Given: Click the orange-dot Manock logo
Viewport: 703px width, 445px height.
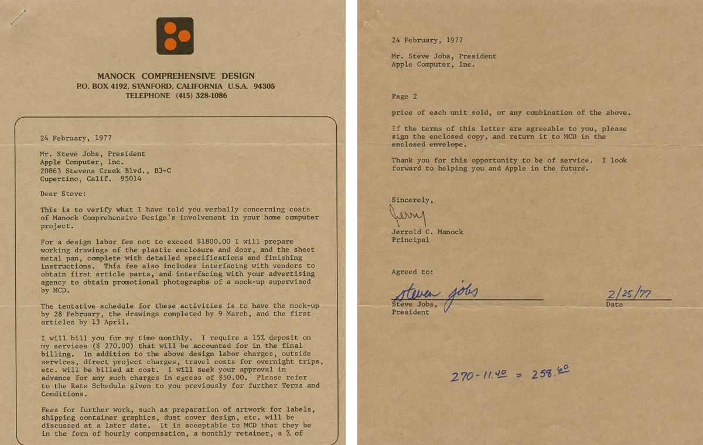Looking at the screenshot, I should [x=175, y=36].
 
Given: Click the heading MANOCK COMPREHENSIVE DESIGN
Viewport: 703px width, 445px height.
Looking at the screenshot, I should [x=176, y=76].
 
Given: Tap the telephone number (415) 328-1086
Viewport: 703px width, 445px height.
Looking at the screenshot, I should [x=201, y=95].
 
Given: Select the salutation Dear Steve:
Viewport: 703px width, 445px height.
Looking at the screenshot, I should [x=63, y=193].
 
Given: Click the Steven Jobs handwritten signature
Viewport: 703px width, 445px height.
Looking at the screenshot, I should [x=435, y=291].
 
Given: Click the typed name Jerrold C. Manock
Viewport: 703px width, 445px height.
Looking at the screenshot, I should [x=427, y=232].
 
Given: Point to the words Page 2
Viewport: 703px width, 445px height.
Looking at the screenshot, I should [x=404, y=97].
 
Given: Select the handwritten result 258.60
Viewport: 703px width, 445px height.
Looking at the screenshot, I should [x=550, y=374].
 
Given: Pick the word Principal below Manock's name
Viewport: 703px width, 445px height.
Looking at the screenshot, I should [x=410, y=239].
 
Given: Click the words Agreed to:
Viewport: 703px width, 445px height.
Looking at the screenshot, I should [x=412, y=272].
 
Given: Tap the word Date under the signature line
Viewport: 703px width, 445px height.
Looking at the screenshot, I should [x=615, y=304].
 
